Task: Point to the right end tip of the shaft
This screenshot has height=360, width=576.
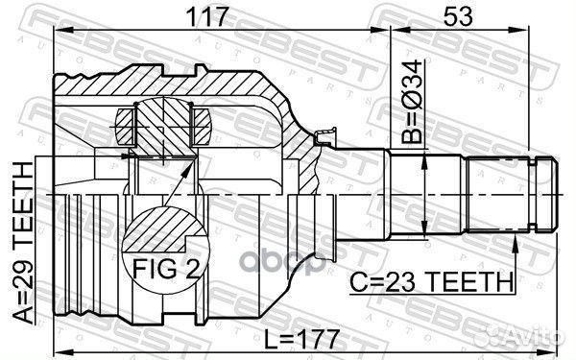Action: click(555, 191)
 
